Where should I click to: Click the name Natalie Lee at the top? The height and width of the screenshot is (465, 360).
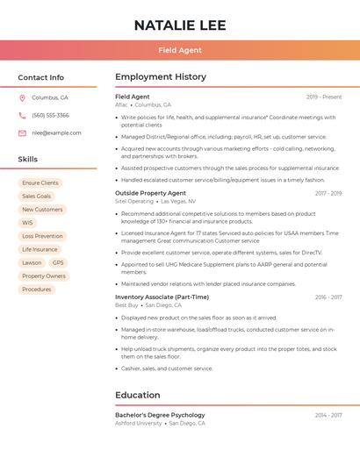[x=180, y=25]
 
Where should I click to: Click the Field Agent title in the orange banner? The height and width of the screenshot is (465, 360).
[x=180, y=50]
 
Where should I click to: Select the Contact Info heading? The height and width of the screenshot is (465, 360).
[x=40, y=77]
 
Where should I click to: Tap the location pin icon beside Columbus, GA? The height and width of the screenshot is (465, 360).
[x=22, y=97]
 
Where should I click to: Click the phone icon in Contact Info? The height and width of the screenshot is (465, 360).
[x=22, y=115]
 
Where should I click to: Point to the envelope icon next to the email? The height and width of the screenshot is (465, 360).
[x=22, y=132]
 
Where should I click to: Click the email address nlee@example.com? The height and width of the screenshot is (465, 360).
[x=56, y=132]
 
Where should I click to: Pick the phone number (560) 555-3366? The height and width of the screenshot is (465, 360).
[x=50, y=115]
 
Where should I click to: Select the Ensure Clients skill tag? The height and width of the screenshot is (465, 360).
[x=40, y=183]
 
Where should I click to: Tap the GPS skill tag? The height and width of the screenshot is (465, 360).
[x=58, y=262]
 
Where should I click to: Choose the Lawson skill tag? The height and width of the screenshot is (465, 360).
[x=32, y=262]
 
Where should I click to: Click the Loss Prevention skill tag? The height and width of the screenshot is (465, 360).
[x=42, y=236]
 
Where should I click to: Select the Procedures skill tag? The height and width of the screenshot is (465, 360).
[x=37, y=289]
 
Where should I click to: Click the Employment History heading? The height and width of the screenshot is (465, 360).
[x=161, y=77]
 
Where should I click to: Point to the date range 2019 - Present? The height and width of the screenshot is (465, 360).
[x=324, y=97]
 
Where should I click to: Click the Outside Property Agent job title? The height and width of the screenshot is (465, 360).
[x=150, y=193]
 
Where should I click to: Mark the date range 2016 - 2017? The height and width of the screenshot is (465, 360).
[x=328, y=297]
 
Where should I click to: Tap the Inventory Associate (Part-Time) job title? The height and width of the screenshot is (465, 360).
[x=161, y=297]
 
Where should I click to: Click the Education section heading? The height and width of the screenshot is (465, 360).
[x=138, y=395]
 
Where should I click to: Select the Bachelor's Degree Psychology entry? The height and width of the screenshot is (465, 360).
[x=160, y=415]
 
